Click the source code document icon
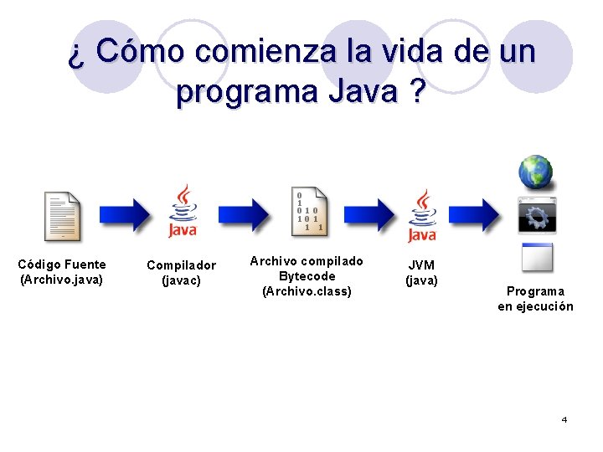tap(63, 216)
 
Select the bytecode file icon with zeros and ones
tap(308, 212)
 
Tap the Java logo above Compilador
tap(183, 212)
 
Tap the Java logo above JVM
tap(422, 215)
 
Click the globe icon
tap(535, 172)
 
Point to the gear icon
tap(536, 215)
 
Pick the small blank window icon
tap(536, 257)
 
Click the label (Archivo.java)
tap(61, 280)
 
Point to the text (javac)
tap(181, 280)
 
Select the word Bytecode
tap(307, 276)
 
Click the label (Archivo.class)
tap(307, 291)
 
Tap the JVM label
tap(421, 265)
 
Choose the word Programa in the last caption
tap(535, 291)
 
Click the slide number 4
tap(564, 419)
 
